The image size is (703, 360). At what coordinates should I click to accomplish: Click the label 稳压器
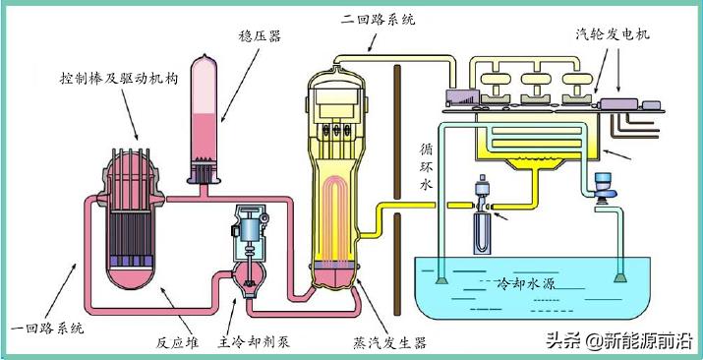pos(260,36)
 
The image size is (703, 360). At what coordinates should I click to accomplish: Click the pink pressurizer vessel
pos(208,118)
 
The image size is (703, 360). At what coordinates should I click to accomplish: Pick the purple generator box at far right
pos(622,103)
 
